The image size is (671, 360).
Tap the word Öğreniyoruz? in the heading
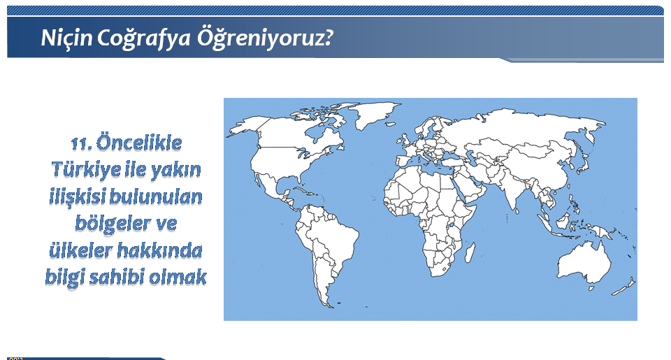(264, 38)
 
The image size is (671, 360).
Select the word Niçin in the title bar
(66, 38)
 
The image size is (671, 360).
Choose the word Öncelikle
(139, 143)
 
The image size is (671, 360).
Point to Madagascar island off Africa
(470, 252)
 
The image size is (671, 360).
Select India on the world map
(514, 188)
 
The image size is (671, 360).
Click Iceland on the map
(390, 124)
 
